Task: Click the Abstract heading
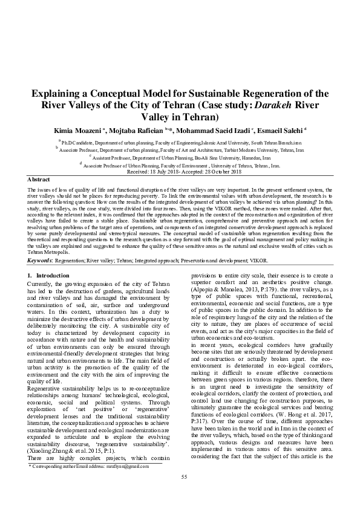[38, 180]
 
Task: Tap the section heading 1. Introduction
[49, 275]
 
